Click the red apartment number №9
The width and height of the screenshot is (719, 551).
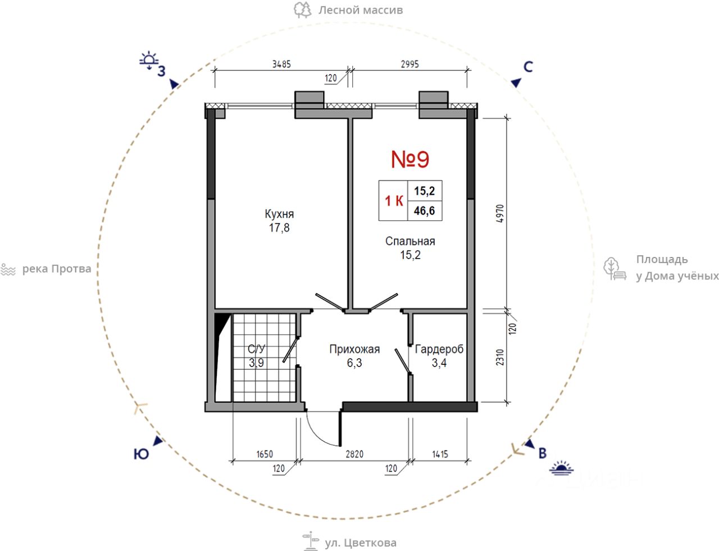tap(410, 159)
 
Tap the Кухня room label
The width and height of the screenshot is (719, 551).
tap(279, 214)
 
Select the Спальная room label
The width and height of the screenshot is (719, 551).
tap(410, 241)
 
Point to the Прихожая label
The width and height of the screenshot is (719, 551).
tap(354, 349)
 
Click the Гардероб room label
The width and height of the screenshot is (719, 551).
tap(439, 349)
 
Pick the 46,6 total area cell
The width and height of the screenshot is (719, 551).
tap(425, 211)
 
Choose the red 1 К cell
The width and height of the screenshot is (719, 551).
tap(394, 201)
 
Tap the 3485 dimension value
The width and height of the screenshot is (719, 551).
tap(281, 64)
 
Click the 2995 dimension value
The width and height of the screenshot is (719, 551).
tap(409, 64)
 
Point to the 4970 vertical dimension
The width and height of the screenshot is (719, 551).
tap(500, 214)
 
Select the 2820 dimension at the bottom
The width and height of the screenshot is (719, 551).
tap(354, 454)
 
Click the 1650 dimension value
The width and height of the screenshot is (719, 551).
tap(265, 454)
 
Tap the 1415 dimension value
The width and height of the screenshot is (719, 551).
tap(440, 454)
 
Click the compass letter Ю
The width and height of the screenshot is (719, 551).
tap(142, 454)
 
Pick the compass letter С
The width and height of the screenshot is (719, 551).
tap(528, 67)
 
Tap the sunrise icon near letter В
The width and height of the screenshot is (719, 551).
tap(561, 468)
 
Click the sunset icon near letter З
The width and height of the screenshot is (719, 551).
tap(149, 61)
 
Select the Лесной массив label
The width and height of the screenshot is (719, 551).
tap(360, 10)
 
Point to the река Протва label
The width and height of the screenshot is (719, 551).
tap(57, 269)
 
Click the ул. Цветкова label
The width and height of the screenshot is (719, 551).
tap(360, 543)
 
